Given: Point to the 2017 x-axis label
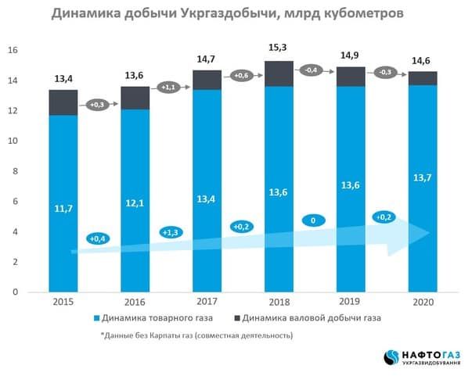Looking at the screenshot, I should coord(207,301).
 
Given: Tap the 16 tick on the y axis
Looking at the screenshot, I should coord(13,50).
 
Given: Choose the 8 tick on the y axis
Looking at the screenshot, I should coord(15,171).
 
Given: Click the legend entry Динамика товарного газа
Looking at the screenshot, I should coord(160,319).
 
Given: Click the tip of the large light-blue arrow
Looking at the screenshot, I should coord(431,231).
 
